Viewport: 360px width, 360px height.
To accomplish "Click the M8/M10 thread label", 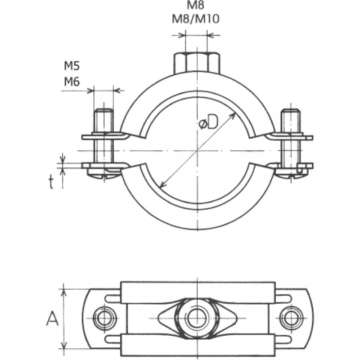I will [x=196, y=19].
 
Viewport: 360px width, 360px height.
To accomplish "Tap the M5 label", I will [x=72, y=67].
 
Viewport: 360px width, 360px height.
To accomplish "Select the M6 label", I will [x=72, y=81].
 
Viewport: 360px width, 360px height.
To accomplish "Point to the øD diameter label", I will [x=208, y=122].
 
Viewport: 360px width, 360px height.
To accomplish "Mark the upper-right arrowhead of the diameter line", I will [x=234, y=115].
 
